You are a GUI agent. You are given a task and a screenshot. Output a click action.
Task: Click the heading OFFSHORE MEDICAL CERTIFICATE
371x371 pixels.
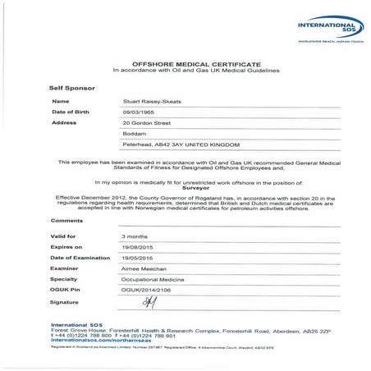point(185,63)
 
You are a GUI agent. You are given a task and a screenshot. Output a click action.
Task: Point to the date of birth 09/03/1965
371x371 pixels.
point(136,111)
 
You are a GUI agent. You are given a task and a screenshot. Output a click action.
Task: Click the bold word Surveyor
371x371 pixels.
point(185,186)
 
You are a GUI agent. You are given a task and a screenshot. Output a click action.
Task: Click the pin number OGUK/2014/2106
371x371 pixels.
point(144,290)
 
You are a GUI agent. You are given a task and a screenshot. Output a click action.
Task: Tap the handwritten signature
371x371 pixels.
point(149,303)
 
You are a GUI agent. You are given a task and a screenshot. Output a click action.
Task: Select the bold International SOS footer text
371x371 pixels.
point(73,324)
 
